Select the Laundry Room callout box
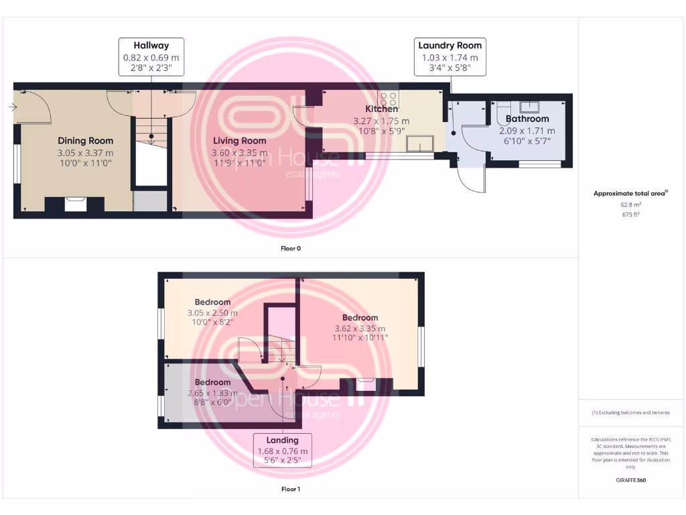tap(450, 56)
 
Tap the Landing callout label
tap(282, 451)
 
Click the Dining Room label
tap(85, 141)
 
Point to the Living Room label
tap(240, 141)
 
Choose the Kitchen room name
tap(381, 109)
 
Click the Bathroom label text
tap(527, 119)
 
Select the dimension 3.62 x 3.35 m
tap(360, 329)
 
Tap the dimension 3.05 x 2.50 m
tap(212, 313)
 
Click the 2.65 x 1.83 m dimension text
tap(212, 393)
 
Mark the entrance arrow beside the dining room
tap(13, 107)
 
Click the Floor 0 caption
tap(291, 248)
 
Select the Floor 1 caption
tap(291, 489)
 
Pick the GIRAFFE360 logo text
tap(630, 480)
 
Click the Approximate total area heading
tap(630, 193)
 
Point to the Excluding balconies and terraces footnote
tap(630, 412)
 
